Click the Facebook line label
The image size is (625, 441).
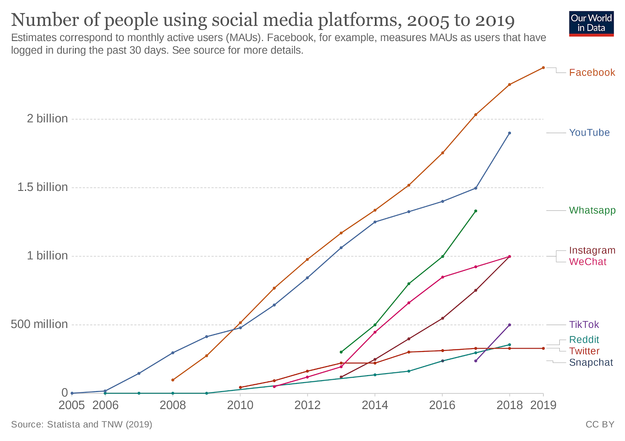592,73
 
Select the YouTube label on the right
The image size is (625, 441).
589,133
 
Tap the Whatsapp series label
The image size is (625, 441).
592,210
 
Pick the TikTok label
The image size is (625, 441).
584,325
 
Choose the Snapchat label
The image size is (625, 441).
591,363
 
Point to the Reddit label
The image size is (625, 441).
584,340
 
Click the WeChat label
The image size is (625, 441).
587,262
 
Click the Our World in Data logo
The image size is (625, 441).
591,24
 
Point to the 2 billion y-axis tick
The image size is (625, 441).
47,119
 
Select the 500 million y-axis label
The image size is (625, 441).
39,324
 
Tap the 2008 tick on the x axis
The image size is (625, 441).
173,405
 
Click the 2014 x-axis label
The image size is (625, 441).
375,405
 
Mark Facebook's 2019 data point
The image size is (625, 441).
543,68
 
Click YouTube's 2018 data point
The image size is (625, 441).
509,133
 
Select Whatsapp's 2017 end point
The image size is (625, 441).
475,211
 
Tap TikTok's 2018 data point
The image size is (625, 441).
509,325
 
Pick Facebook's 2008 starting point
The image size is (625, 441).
173,380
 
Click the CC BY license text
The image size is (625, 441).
600,424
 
